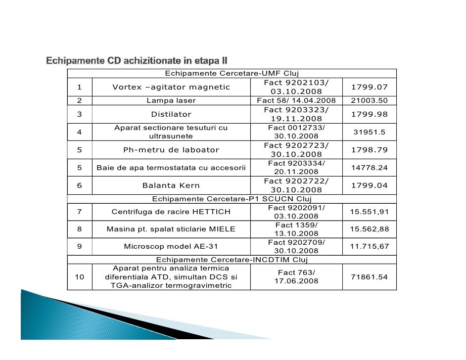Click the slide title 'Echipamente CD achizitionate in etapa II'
coord(137,61)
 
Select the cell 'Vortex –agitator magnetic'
coord(171,88)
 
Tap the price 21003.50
coord(369,101)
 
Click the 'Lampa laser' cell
coord(171,101)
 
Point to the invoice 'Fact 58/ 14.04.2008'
coord(296,101)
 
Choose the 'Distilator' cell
coord(171,114)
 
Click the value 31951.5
coord(369,132)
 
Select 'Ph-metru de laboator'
coord(171,150)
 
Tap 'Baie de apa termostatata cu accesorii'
coord(171,168)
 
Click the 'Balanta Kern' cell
coord(171,186)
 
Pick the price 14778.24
coord(369,168)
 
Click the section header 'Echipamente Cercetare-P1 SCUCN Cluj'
coord(232,199)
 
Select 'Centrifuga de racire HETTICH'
coord(171,212)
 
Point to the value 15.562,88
coord(369,229)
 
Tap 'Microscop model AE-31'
coord(171,246)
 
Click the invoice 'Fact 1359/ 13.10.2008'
coord(296,229)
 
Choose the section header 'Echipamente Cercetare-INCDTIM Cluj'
coord(232,260)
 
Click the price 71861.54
coord(369,277)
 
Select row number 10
coord(79,277)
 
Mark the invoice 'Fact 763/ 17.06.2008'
coord(296,277)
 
